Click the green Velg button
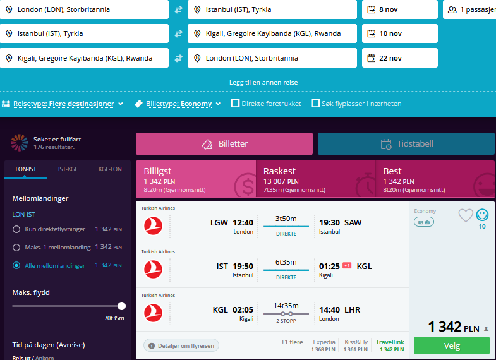[451, 345]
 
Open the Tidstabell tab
[406, 144]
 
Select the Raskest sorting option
[315, 179]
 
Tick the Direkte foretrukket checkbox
[235, 104]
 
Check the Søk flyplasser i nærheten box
[315, 104]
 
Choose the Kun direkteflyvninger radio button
[16, 229]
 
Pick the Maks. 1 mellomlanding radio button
[16, 247]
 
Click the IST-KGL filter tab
[68, 169]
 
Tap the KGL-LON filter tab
[110, 169]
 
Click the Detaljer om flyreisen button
[181, 345]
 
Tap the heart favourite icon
[466, 215]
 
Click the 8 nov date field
[400, 9]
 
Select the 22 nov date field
[400, 58]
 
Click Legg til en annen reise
[263, 83]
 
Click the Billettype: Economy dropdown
[178, 104]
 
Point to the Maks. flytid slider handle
[121, 306]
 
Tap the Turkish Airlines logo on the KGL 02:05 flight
[153, 313]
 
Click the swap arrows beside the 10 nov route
[178, 33]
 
